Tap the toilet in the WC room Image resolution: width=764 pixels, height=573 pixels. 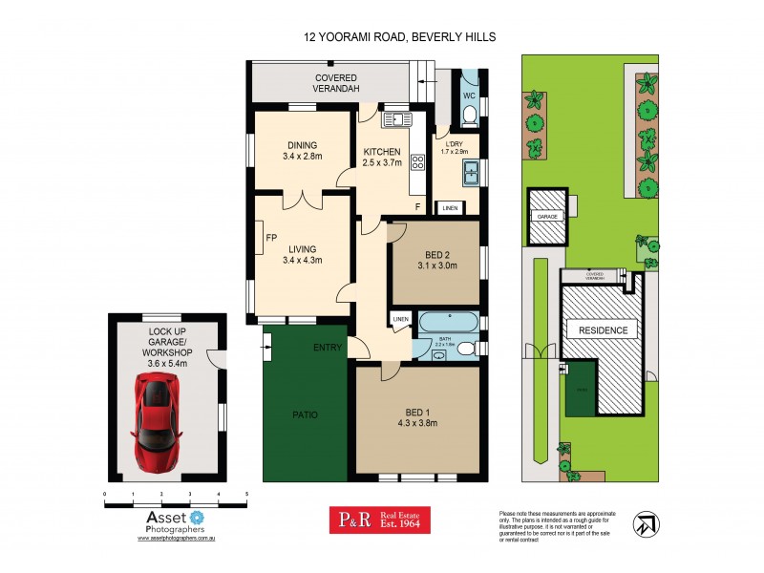(x=468, y=116)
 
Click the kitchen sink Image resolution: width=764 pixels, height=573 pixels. (x=395, y=120)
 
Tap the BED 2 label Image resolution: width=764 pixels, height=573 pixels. (x=436, y=254)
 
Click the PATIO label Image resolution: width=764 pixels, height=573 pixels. (x=305, y=414)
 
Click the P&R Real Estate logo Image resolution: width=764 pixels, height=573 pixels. (x=373, y=520)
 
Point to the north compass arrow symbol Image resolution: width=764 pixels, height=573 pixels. (x=650, y=523)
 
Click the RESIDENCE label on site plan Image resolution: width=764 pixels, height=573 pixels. (x=603, y=330)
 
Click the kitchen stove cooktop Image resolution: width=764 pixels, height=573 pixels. (x=417, y=162)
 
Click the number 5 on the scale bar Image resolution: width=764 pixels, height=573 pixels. (x=247, y=494)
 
